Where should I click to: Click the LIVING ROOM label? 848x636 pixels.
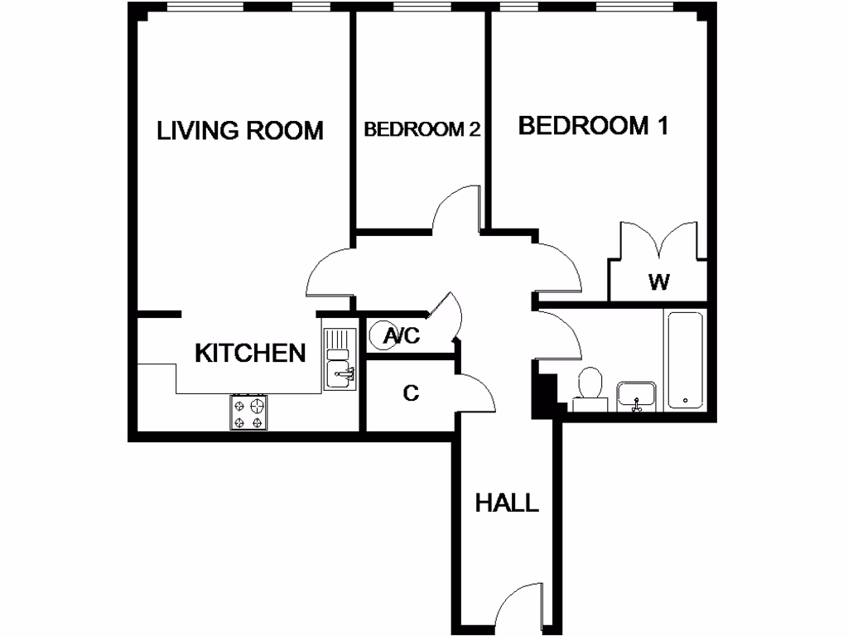click(240, 130)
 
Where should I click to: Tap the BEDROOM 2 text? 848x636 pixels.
click(422, 129)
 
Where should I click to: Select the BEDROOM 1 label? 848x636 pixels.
click(593, 126)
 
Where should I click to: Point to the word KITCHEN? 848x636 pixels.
click(250, 353)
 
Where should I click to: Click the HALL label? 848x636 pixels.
click(506, 503)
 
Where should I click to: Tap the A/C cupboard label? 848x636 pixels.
click(403, 336)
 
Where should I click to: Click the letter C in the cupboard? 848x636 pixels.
click(411, 393)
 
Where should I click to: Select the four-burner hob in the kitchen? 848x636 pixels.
click(249, 412)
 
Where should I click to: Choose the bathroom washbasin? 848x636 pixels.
click(636, 397)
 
